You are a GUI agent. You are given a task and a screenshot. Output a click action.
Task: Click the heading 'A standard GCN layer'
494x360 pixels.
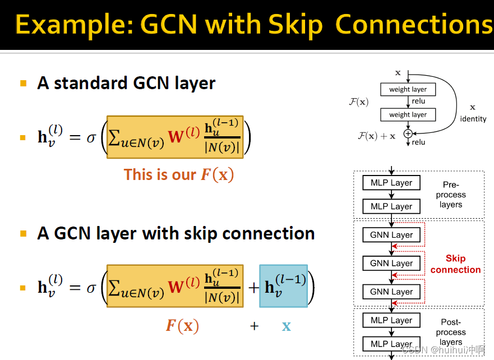126,83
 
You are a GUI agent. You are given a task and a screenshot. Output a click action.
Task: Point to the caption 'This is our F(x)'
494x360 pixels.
178,174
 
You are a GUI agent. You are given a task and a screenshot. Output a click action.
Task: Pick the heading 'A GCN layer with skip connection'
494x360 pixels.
176,233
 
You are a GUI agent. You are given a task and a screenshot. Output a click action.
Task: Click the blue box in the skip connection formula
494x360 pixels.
284,287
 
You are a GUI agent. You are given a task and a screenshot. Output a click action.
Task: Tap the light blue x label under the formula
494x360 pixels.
287,326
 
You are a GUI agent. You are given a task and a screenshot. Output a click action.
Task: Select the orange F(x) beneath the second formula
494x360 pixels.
182,326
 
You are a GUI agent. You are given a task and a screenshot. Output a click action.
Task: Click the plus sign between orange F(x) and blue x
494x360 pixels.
254,326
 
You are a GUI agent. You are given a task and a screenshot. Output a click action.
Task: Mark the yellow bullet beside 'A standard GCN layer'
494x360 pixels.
23,84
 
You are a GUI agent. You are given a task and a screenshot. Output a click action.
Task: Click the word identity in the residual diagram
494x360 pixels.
473,119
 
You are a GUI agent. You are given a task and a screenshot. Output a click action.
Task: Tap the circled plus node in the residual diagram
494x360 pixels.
408,133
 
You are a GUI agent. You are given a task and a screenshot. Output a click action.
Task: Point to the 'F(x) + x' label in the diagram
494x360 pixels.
377,135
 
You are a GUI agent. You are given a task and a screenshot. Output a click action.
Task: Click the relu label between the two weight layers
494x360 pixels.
418,101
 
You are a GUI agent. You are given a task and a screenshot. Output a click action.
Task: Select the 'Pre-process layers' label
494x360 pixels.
451,195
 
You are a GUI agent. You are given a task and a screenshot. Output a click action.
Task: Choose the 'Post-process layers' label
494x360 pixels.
451,332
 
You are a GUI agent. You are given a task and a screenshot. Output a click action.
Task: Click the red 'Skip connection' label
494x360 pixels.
455,264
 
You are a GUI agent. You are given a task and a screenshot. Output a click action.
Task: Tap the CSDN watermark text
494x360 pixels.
443,349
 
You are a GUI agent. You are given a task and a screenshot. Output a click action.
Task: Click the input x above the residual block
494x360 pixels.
398,73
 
